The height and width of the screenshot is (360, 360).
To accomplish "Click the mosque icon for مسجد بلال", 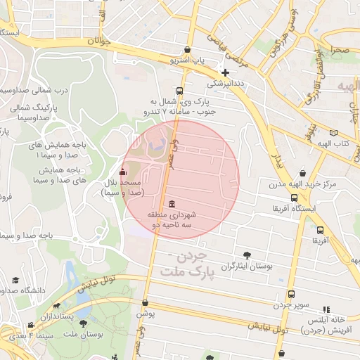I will [123, 172].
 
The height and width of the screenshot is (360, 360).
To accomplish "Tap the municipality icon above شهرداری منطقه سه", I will [172, 204].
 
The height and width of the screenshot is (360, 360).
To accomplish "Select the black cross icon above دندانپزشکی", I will [225, 72].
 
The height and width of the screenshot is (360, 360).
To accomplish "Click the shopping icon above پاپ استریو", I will [186, 50].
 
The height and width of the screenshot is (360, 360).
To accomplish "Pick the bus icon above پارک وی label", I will [180, 91].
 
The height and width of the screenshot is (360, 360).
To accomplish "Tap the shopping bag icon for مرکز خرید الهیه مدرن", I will [302, 173].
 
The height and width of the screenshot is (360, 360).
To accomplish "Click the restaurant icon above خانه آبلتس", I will [326, 309].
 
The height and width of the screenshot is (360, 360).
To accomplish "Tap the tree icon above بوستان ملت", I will [84, 324].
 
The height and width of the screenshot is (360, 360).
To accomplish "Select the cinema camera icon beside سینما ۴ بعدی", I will [30, 325].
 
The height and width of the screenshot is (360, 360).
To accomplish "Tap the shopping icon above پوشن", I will [144, 302].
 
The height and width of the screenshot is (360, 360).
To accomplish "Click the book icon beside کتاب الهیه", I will [333, 133].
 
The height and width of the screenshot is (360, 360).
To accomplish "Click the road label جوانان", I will [99, 41].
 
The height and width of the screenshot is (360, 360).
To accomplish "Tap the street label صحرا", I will [340, 50].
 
